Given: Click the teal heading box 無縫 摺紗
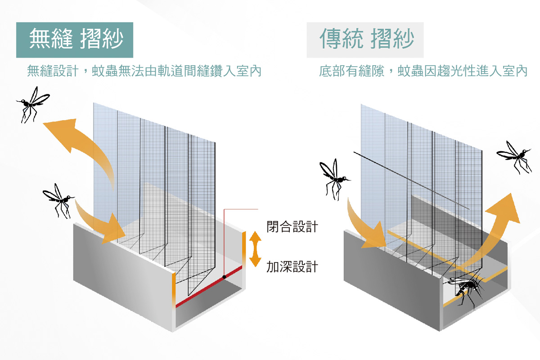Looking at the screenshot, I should (x=75, y=40).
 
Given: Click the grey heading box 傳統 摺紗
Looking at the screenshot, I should (x=365, y=40).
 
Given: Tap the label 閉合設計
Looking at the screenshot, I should (x=292, y=227).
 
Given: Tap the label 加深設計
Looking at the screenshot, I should (x=292, y=267).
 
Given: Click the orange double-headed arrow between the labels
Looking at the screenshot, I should (x=255, y=248).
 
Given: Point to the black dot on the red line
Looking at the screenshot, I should (x=224, y=277).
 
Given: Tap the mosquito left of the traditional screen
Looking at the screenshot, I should (x=334, y=178).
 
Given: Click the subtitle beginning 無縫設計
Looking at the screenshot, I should (x=144, y=71).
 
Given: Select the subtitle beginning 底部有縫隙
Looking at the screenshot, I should (x=423, y=71).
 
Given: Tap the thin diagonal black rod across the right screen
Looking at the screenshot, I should (x=409, y=180).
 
